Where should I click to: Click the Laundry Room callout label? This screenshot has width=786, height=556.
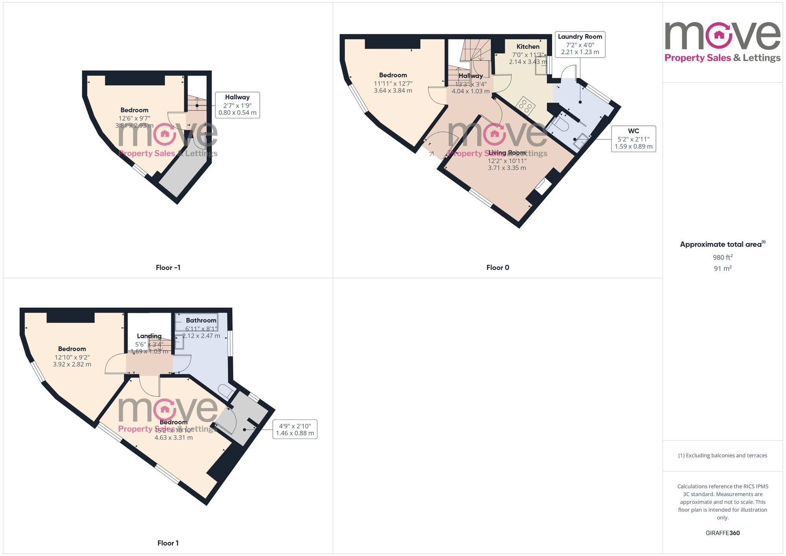tap(580, 44)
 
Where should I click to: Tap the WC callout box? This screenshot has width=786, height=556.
tap(633, 139)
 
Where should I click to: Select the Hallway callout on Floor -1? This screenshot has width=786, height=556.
tap(237, 105)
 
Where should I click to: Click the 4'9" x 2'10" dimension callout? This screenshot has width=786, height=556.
tap(295, 429)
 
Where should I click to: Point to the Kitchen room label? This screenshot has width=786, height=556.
tap(528, 47)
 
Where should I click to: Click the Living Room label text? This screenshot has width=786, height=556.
tap(507, 153)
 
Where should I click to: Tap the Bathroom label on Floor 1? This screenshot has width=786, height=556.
tap(201, 321)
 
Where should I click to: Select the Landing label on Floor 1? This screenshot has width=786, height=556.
tap(149, 336)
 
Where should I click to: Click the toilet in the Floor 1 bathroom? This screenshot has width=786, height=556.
tap(226, 391)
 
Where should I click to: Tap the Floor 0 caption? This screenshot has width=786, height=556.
tap(498, 268)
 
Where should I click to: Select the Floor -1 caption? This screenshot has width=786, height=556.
tap(168, 268)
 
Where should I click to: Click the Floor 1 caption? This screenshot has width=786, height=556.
tap(168, 543)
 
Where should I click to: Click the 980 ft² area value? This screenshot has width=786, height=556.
tap(722, 257)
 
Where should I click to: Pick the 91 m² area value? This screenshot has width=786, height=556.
tap(722, 269)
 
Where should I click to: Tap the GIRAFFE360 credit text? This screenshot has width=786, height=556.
tap(722, 533)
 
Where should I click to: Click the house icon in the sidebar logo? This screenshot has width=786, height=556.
tap(719, 35)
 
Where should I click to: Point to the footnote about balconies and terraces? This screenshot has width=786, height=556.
tap(722, 455)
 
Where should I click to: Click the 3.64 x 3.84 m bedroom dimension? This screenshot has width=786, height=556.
tap(393, 91)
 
